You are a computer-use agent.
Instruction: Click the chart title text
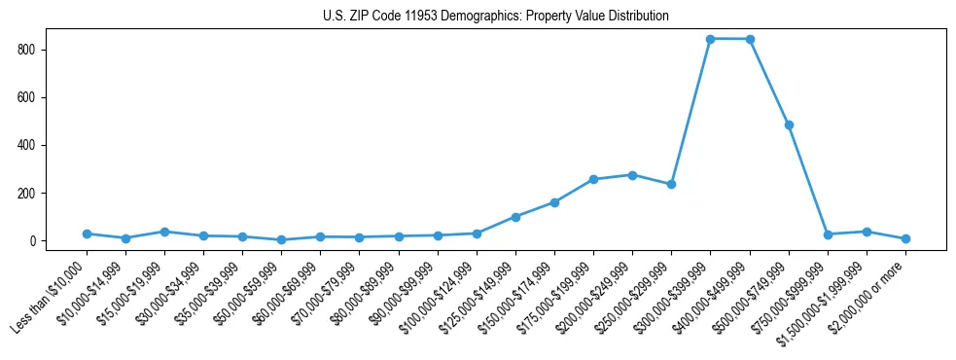[x=496, y=17]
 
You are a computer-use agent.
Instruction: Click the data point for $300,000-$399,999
[x=711, y=39]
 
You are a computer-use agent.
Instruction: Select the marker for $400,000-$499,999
[x=750, y=39]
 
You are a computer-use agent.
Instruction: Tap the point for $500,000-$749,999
[x=789, y=125]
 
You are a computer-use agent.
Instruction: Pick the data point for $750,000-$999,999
[x=828, y=234]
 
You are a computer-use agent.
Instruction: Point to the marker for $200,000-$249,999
[x=632, y=175]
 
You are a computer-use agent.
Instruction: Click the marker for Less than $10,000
[x=87, y=234]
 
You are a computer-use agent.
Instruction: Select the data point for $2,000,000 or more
[x=905, y=238]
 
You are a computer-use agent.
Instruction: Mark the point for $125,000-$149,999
[x=515, y=217]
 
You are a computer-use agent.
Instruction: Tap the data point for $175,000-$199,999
[x=593, y=179]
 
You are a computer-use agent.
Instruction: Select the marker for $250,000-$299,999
[x=671, y=184]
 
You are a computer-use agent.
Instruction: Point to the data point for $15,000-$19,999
[x=164, y=232]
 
